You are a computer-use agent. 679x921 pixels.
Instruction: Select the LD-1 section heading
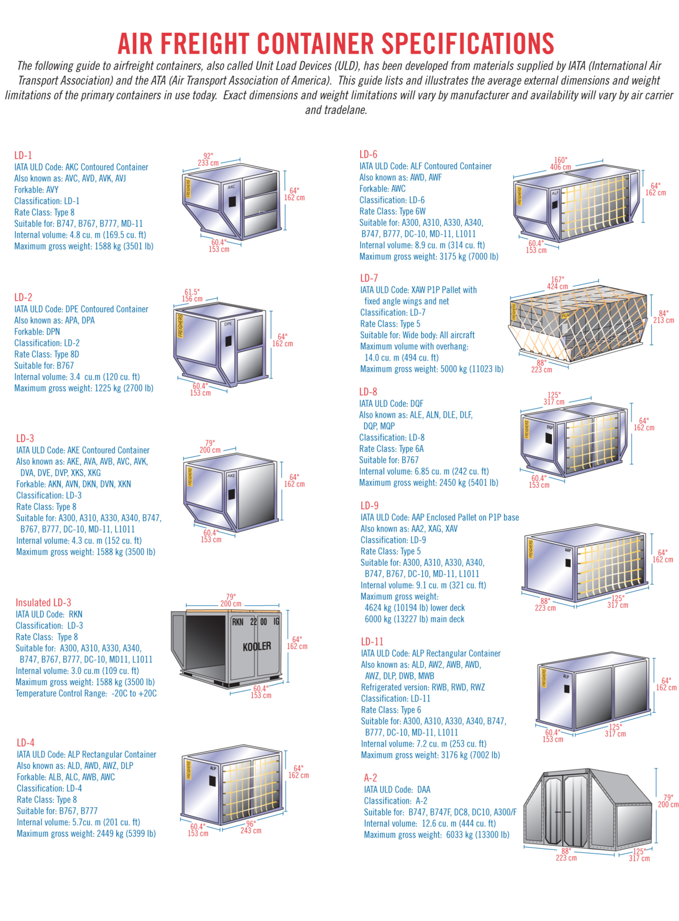pos(23,156)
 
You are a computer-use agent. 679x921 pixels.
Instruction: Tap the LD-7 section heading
pos(369,278)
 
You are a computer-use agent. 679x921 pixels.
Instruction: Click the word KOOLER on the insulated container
pos(257,647)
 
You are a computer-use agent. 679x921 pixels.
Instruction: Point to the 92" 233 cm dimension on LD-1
pos(209,160)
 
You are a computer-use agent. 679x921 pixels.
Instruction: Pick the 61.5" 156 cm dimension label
pos(192,295)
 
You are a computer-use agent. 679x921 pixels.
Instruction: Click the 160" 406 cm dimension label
pos(560,164)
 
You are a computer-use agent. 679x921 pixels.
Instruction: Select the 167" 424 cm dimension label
pos(557,283)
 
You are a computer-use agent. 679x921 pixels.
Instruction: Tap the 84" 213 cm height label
pos(664,316)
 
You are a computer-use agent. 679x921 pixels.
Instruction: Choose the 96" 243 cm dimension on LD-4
pos(251,827)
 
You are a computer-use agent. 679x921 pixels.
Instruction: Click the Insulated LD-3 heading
pos(43,603)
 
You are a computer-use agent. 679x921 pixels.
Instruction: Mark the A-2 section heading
pos(371,778)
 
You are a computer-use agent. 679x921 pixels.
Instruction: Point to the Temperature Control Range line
pos(86,693)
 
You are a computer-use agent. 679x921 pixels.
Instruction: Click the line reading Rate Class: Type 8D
pos(47,354)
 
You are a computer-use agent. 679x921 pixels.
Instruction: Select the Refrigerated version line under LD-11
pos(423,687)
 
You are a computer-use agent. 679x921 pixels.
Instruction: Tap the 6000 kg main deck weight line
pos(415,619)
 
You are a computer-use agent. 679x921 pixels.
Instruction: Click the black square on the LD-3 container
pos(231,494)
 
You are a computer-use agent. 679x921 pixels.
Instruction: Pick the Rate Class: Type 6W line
pos(392,211)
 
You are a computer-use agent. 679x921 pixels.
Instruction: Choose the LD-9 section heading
pos(369,506)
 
